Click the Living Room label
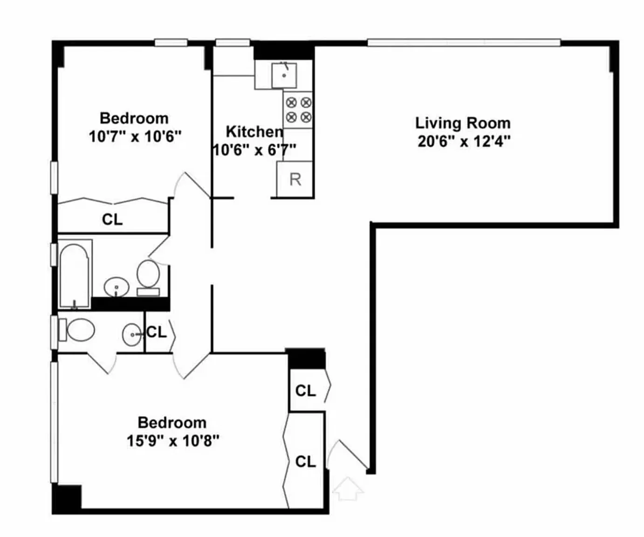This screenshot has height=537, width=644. point(463,123)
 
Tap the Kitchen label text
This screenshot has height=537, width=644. point(254,132)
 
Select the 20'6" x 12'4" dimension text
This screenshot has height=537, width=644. point(464,142)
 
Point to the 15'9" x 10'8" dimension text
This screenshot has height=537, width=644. point(173,441)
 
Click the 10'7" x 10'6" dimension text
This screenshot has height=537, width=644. point(135,136)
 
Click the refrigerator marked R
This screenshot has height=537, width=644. point(295,179)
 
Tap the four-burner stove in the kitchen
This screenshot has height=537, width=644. point(298,110)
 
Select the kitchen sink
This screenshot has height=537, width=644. point(284,76)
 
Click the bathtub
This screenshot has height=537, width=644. point(75,274)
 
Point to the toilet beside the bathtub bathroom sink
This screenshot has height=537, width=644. point(148,277)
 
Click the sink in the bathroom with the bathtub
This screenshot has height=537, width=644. point(116,287)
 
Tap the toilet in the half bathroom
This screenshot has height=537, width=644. point(77,330)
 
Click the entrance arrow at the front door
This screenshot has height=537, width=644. point(348,489)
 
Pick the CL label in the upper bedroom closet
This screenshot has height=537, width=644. point(112,220)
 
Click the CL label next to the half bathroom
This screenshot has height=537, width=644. point(157,332)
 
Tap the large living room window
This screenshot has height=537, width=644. point(464,42)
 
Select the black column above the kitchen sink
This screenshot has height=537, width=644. point(284,50)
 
